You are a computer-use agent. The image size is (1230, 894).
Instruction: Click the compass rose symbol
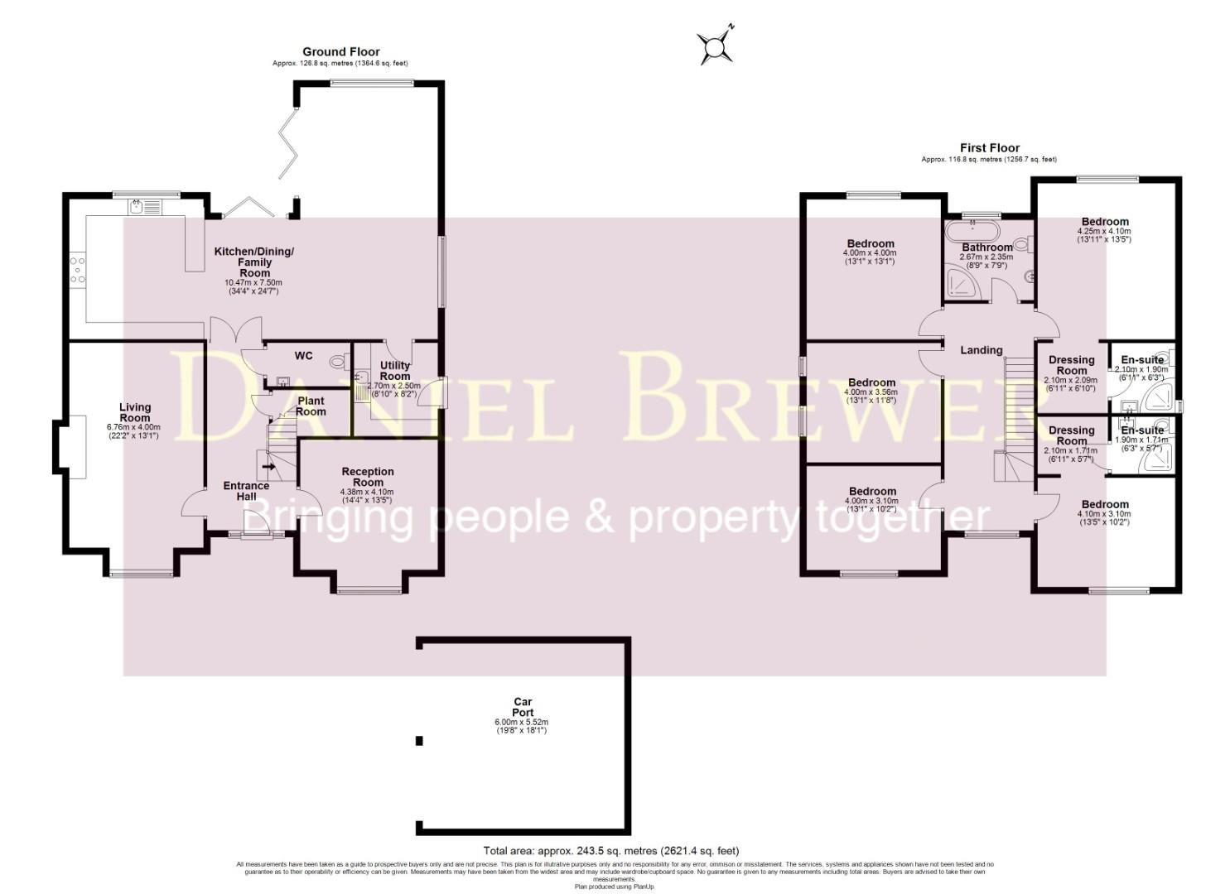[x=713, y=46]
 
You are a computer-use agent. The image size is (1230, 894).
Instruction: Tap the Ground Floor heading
[x=340, y=51]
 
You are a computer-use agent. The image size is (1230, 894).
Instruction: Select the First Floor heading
[x=989, y=148]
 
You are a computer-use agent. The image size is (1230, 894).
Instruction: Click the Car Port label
[x=523, y=707]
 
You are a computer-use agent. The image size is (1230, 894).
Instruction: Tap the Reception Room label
[x=368, y=477]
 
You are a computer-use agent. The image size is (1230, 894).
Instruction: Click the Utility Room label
[x=395, y=370]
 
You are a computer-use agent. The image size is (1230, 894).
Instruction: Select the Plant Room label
[x=311, y=406]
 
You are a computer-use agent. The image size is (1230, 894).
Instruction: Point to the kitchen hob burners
[x=77, y=269]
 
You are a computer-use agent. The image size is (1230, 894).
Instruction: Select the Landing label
[x=982, y=350]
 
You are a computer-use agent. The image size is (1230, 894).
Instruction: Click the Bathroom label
[x=986, y=248]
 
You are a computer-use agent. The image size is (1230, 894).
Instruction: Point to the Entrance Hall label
[x=246, y=492]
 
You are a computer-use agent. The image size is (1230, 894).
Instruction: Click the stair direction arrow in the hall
[x=269, y=467]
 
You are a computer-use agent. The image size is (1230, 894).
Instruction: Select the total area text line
[x=611, y=850]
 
